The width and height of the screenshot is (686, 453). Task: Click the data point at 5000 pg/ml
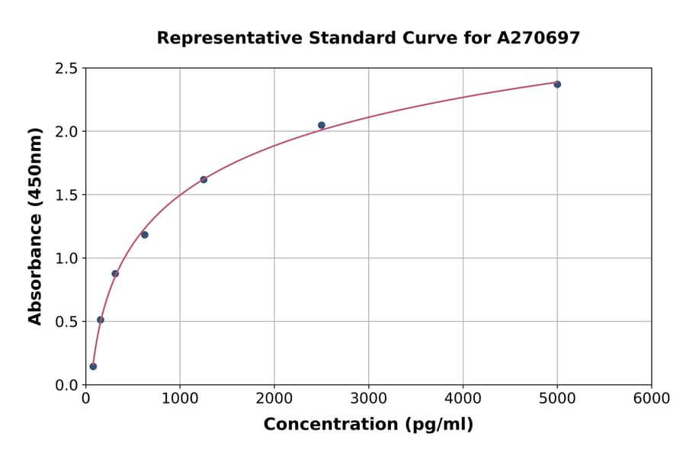tap(557, 84)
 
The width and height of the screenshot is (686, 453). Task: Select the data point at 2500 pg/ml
tap(322, 125)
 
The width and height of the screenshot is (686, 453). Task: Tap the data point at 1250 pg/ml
tap(204, 180)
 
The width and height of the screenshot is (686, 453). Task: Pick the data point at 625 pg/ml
tap(145, 235)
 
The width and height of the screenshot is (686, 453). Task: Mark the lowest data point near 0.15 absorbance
tap(93, 367)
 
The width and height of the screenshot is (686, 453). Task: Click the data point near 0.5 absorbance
tap(101, 320)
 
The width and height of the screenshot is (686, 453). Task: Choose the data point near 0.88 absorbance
tap(115, 274)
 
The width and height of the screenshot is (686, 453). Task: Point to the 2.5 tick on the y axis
tap(67, 69)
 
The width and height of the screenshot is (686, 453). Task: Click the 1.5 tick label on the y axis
tap(67, 195)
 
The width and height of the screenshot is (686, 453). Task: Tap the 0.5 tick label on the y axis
tap(67, 322)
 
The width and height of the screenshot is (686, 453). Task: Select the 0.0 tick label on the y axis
tap(67, 385)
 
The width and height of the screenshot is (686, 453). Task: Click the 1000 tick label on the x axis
tap(180, 399)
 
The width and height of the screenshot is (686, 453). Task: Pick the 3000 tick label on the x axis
tap(369, 399)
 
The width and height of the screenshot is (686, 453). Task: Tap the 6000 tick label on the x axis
tap(652, 399)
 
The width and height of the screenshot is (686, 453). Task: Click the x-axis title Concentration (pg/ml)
tap(368, 425)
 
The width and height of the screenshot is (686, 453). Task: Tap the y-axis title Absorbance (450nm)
tap(35, 226)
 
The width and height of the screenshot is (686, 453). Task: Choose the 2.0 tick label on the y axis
tap(67, 132)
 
